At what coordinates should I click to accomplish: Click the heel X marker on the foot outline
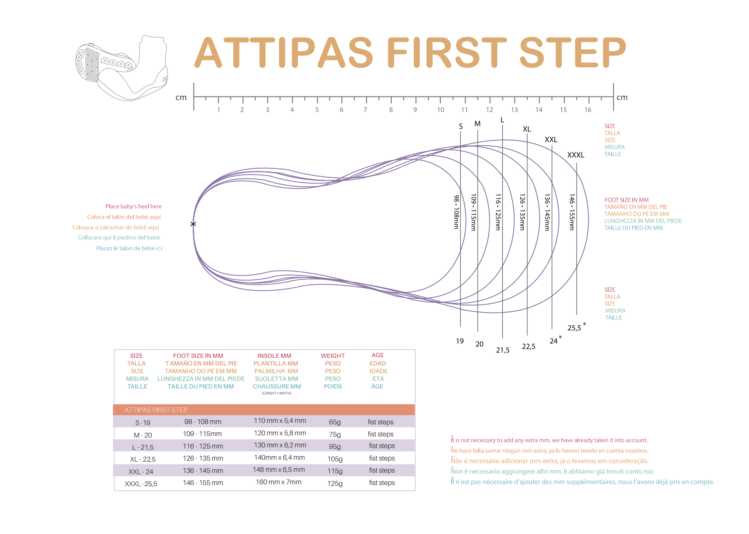click(193, 224)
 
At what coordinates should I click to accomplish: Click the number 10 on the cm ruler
click(440, 110)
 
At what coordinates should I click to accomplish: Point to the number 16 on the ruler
click(587, 110)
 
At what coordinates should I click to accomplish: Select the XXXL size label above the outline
click(576, 155)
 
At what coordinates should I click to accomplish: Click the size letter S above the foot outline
click(460, 126)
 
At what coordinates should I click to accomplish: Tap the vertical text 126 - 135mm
click(522, 212)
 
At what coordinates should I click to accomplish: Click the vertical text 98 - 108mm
click(456, 212)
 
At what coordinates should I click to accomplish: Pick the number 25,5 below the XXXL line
click(574, 328)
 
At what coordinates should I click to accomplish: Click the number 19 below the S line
click(460, 341)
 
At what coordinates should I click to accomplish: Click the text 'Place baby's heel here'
click(133, 207)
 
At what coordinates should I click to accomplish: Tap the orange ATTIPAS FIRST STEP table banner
click(264, 410)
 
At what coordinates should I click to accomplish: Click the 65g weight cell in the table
click(335, 422)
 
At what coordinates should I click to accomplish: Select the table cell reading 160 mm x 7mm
click(278, 482)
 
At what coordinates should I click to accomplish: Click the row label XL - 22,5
click(143, 459)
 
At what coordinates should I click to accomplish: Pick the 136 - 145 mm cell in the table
click(203, 470)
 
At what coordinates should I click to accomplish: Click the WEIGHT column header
click(332, 356)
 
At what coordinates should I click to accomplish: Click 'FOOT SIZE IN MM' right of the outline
click(626, 200)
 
